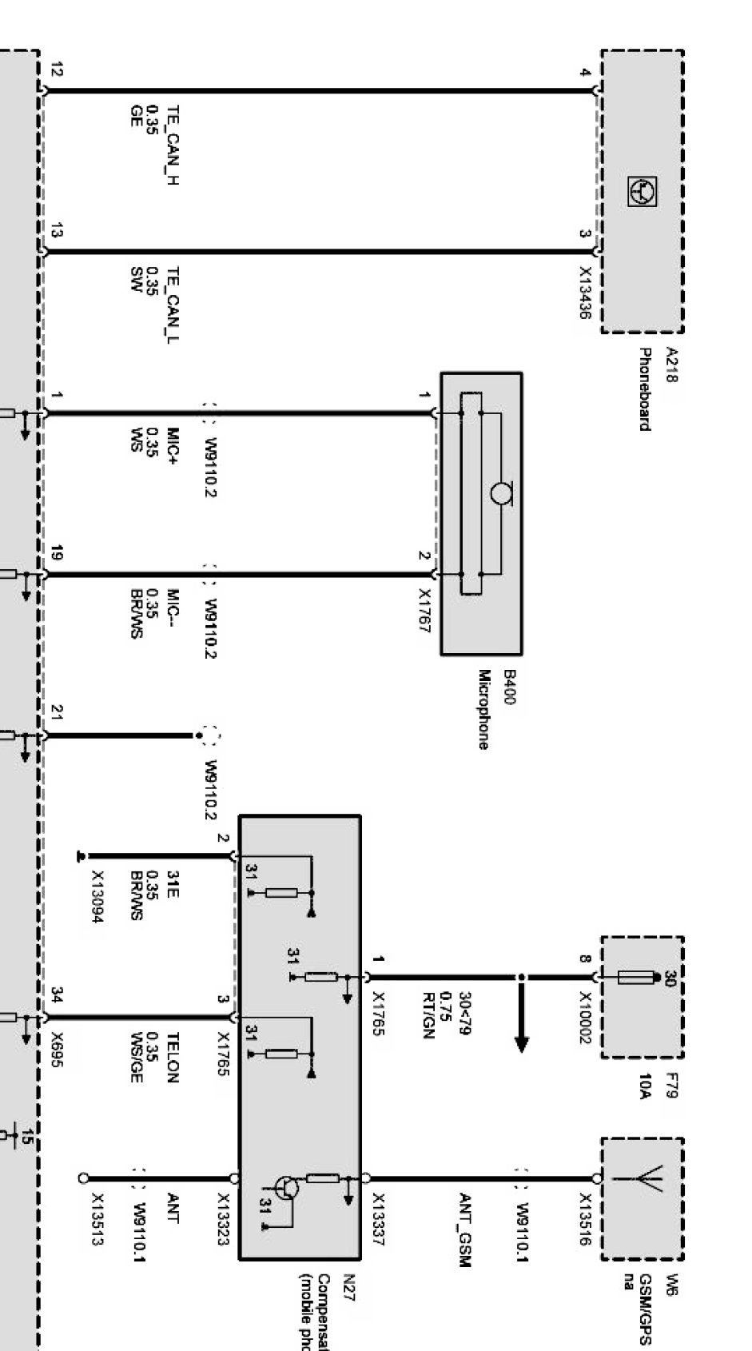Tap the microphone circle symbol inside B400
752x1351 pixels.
(x=502, y=494)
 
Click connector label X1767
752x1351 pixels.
(x=424, y=612)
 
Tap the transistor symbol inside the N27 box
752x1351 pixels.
(x=285, y=1187)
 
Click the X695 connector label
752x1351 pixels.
(x=56, y=1047)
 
